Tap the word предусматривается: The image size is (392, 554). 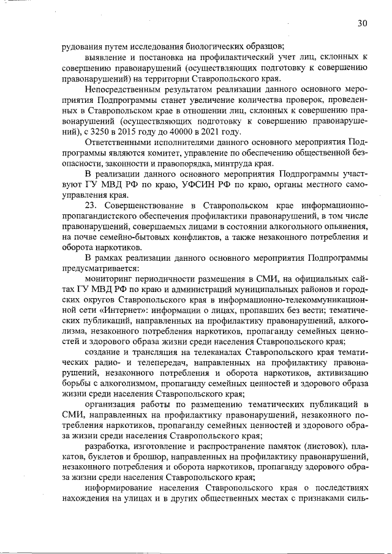click(100, 266)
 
